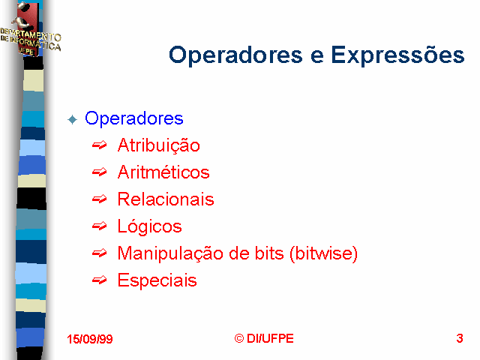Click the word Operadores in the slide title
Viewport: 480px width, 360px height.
click(x=235, y=55)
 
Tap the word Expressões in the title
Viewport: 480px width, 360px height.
click(x=397, y=55)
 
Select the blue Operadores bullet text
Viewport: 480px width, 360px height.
click(x=134, y=118)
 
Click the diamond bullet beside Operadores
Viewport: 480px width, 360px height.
click(x=73, y=119)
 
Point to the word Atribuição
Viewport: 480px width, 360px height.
click(x=159, y=145)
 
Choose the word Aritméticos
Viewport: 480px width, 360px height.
click(x=163, y=172)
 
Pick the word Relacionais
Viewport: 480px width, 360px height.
click(x=166, y=199)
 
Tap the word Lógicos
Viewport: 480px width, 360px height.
click(x=150, y=226)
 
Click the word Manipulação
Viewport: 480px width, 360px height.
click(x=170, y=253)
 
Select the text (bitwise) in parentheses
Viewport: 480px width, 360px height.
click(x=323, y=253)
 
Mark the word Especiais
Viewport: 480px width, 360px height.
click(x=157, y=280)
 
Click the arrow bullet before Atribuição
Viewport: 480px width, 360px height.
click(x=100, y=145)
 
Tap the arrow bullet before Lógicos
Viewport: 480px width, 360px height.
click(x=100, y=226)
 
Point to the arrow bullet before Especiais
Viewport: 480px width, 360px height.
click(x=100, y=280)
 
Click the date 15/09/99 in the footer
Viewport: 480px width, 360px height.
click(x=90, y=339)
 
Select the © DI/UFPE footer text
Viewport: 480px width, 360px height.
click(x=264, y=338)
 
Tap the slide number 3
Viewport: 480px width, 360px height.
click(x=460, y=338)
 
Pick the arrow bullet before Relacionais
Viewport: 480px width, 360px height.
click(x=100, y=199)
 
